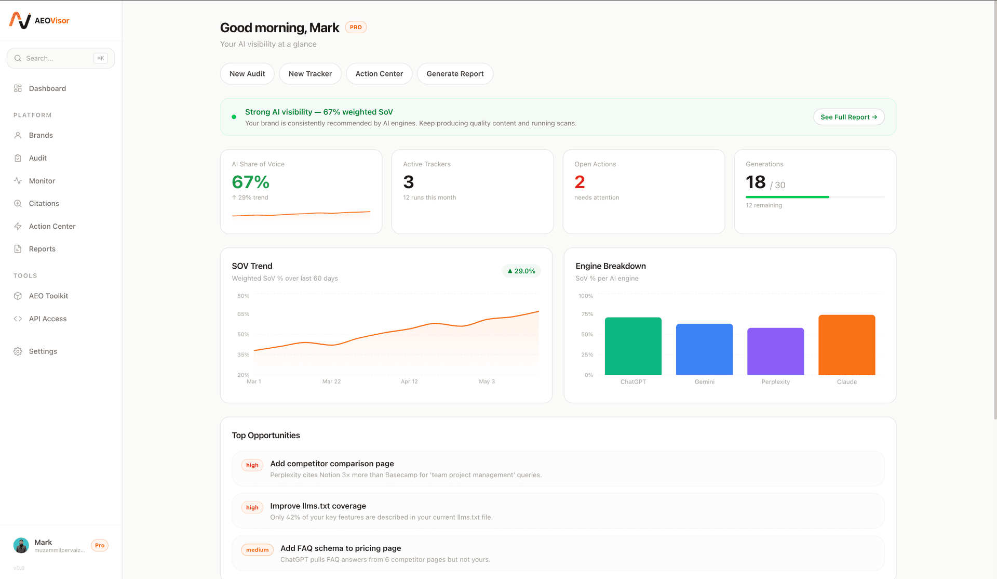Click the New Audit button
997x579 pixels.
(x=247, y=74)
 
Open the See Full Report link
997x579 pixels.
(x=848, y=117)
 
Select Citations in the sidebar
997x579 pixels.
(x=44, y=203)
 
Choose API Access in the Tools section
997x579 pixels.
(x=47, y=319)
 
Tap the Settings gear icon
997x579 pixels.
(x=18, y=351)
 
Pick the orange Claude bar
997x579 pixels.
(x=846, y=345)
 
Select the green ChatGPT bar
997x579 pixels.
(x=633, y=346)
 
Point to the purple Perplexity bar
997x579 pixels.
(x=775, y=351)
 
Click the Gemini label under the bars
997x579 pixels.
(x=704, y=382)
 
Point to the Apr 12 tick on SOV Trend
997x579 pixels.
(x=409, y=381)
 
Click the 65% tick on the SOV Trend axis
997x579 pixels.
(x=243, y=314)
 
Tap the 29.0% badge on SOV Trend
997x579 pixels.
(x=521, y=271)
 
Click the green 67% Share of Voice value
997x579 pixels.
(x=250, y=182)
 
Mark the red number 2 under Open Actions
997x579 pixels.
(x=580, y=182)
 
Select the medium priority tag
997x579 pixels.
(x=257, y=550)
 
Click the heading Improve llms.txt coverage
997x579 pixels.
(x=318, y=506)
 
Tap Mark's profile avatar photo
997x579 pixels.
(x=21, y=545)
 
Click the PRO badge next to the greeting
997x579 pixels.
(x=356, y=28)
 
